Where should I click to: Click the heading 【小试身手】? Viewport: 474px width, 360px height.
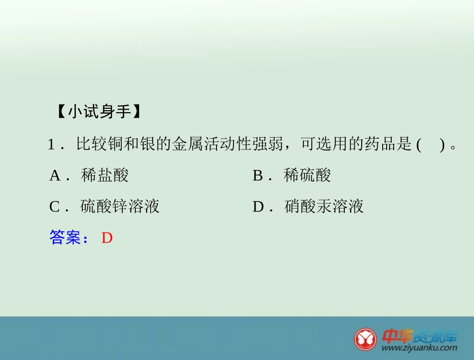pos(99,112)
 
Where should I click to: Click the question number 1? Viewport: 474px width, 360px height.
pos(51,145)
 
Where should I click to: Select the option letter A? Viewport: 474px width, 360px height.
pos(55,176)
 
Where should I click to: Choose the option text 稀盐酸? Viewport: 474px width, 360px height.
pos(105,176)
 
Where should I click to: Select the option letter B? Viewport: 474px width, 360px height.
pos(258,176)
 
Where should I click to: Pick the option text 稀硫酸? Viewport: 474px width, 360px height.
pos(307,176)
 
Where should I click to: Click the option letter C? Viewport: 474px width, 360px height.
pos(55,206)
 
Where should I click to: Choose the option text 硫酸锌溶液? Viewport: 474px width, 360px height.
pos(120,206)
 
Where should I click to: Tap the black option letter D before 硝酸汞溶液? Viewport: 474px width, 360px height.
pos(258,206)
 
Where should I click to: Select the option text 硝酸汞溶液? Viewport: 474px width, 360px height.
pos(324,206)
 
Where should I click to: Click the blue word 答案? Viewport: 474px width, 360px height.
pos(65,238)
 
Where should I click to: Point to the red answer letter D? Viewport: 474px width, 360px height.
pos(107,238)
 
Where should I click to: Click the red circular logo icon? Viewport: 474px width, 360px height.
pos(366,339)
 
